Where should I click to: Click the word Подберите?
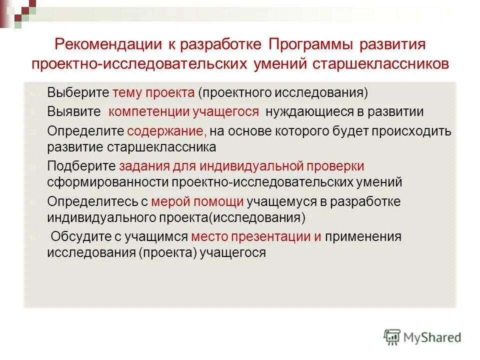pyautogui.click(x=81, y=166)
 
